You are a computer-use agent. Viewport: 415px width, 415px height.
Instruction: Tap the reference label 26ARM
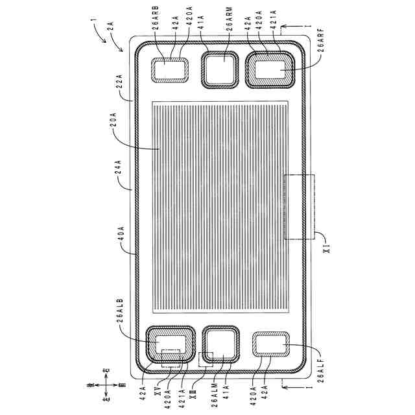point(228,30)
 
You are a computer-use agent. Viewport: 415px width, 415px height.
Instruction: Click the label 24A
point(119,176)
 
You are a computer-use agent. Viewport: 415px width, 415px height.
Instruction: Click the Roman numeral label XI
point(327,247)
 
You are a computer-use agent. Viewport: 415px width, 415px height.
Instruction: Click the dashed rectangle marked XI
point(299,207)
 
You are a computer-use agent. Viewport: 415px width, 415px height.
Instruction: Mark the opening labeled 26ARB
point(170,69)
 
